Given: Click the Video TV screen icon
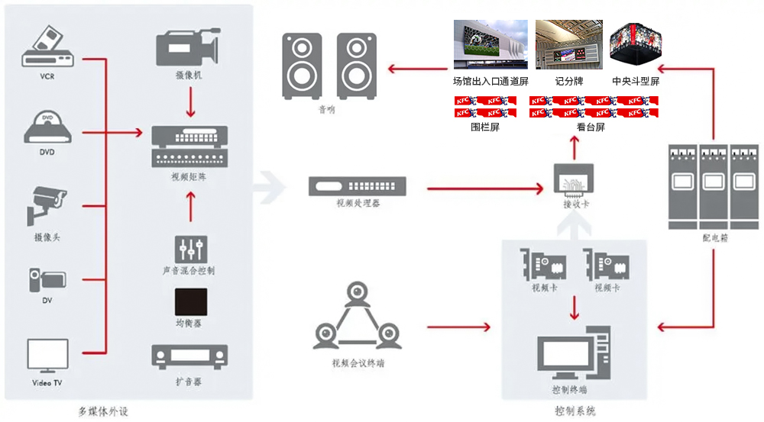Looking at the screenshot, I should click(48, 355).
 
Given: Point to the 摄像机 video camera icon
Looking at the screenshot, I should click(188, 47).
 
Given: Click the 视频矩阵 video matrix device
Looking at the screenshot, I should click(188, 147).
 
